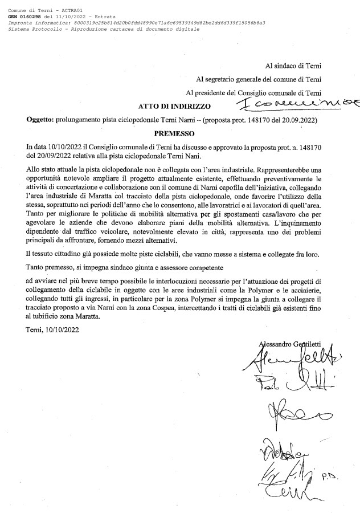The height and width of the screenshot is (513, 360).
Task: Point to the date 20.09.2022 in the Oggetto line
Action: (x=297, y=120)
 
